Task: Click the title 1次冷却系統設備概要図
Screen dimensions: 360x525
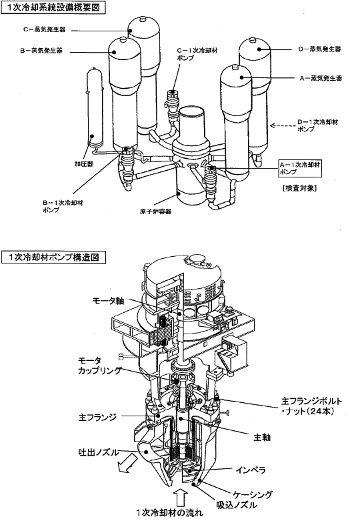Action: point(53,7)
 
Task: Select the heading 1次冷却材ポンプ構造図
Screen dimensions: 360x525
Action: point(53,257)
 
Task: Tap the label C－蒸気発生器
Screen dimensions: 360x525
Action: point(44,29)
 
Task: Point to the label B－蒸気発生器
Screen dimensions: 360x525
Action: point(41,51)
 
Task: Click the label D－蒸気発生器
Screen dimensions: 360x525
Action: point(320,49)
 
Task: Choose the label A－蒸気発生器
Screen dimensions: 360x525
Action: point(321,78)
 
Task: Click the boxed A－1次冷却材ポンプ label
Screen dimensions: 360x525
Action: point(300,167)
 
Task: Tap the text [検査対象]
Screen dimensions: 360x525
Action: point(299,188)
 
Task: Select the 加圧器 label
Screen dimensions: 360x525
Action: point(83,164)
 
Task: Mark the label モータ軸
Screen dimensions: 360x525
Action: point(109,301)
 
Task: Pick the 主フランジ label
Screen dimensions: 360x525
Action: point(97,417)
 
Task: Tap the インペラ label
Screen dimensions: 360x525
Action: point(251,470)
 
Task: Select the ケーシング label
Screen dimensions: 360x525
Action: point(253,494)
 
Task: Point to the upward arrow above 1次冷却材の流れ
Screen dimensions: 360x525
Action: point(181,498)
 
